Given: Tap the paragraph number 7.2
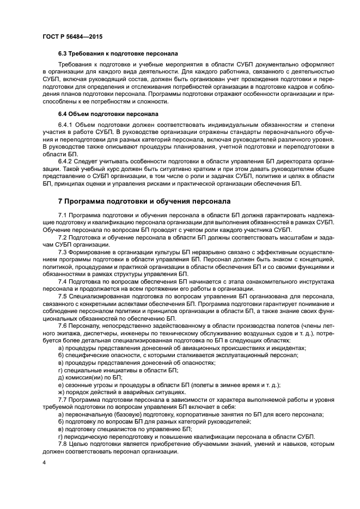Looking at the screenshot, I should pos(63,238).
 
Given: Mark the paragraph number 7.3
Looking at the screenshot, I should pos(63,253).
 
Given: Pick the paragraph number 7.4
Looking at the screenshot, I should pos(63,281).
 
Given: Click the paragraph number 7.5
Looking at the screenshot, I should pos(63,296).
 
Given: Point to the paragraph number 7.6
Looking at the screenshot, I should pos(63,325).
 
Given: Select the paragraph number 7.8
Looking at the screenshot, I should pos(63,444).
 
